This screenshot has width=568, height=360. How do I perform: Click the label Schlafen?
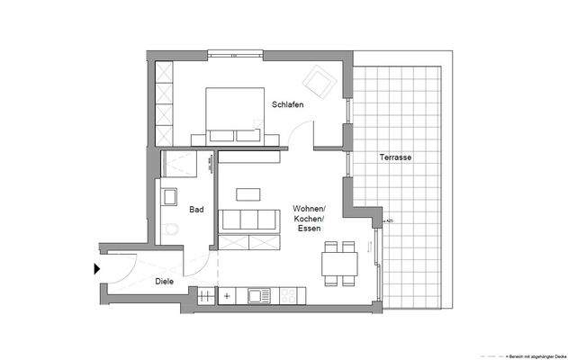pyautogui.click(x=287, y=104)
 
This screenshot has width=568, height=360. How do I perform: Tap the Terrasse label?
pyautogui.click(x=396, y=157)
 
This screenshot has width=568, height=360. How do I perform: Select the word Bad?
pyautogui.click(x=195, y=210)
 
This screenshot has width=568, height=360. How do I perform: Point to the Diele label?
pyautogui.click(x=164, y=281)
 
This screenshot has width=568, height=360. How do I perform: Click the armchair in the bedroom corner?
pyautogui.click(x=317, y=83)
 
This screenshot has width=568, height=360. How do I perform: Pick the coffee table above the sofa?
pyautogui.click(x=248, y=193)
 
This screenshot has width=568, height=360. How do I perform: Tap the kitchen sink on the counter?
pyautogui.click(x=259, y=294)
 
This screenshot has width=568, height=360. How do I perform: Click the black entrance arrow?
pyautogui.click(x=96, y=267)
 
